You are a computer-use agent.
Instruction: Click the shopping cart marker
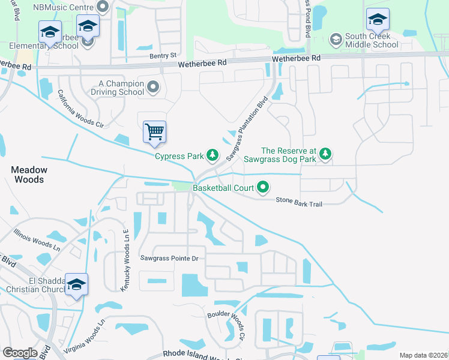(155, 131)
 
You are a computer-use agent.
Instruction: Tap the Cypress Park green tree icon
(212, 156)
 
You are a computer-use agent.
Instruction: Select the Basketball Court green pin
(263, 188)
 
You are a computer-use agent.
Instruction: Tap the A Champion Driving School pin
(153, 88)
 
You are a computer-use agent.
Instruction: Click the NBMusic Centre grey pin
(102, 7)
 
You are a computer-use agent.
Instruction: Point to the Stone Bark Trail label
(299, 204)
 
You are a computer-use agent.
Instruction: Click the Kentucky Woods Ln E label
(126, 262)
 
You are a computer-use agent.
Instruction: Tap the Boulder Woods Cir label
(227, 326)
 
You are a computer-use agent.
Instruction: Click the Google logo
(20, 353)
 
